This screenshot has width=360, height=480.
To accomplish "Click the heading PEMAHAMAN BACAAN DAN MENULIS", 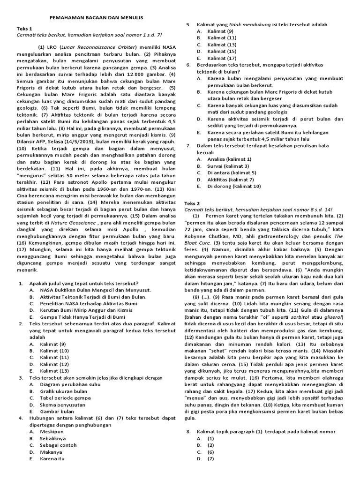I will point(96,17).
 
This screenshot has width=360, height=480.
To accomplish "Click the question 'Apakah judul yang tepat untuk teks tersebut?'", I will point(84,284).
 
